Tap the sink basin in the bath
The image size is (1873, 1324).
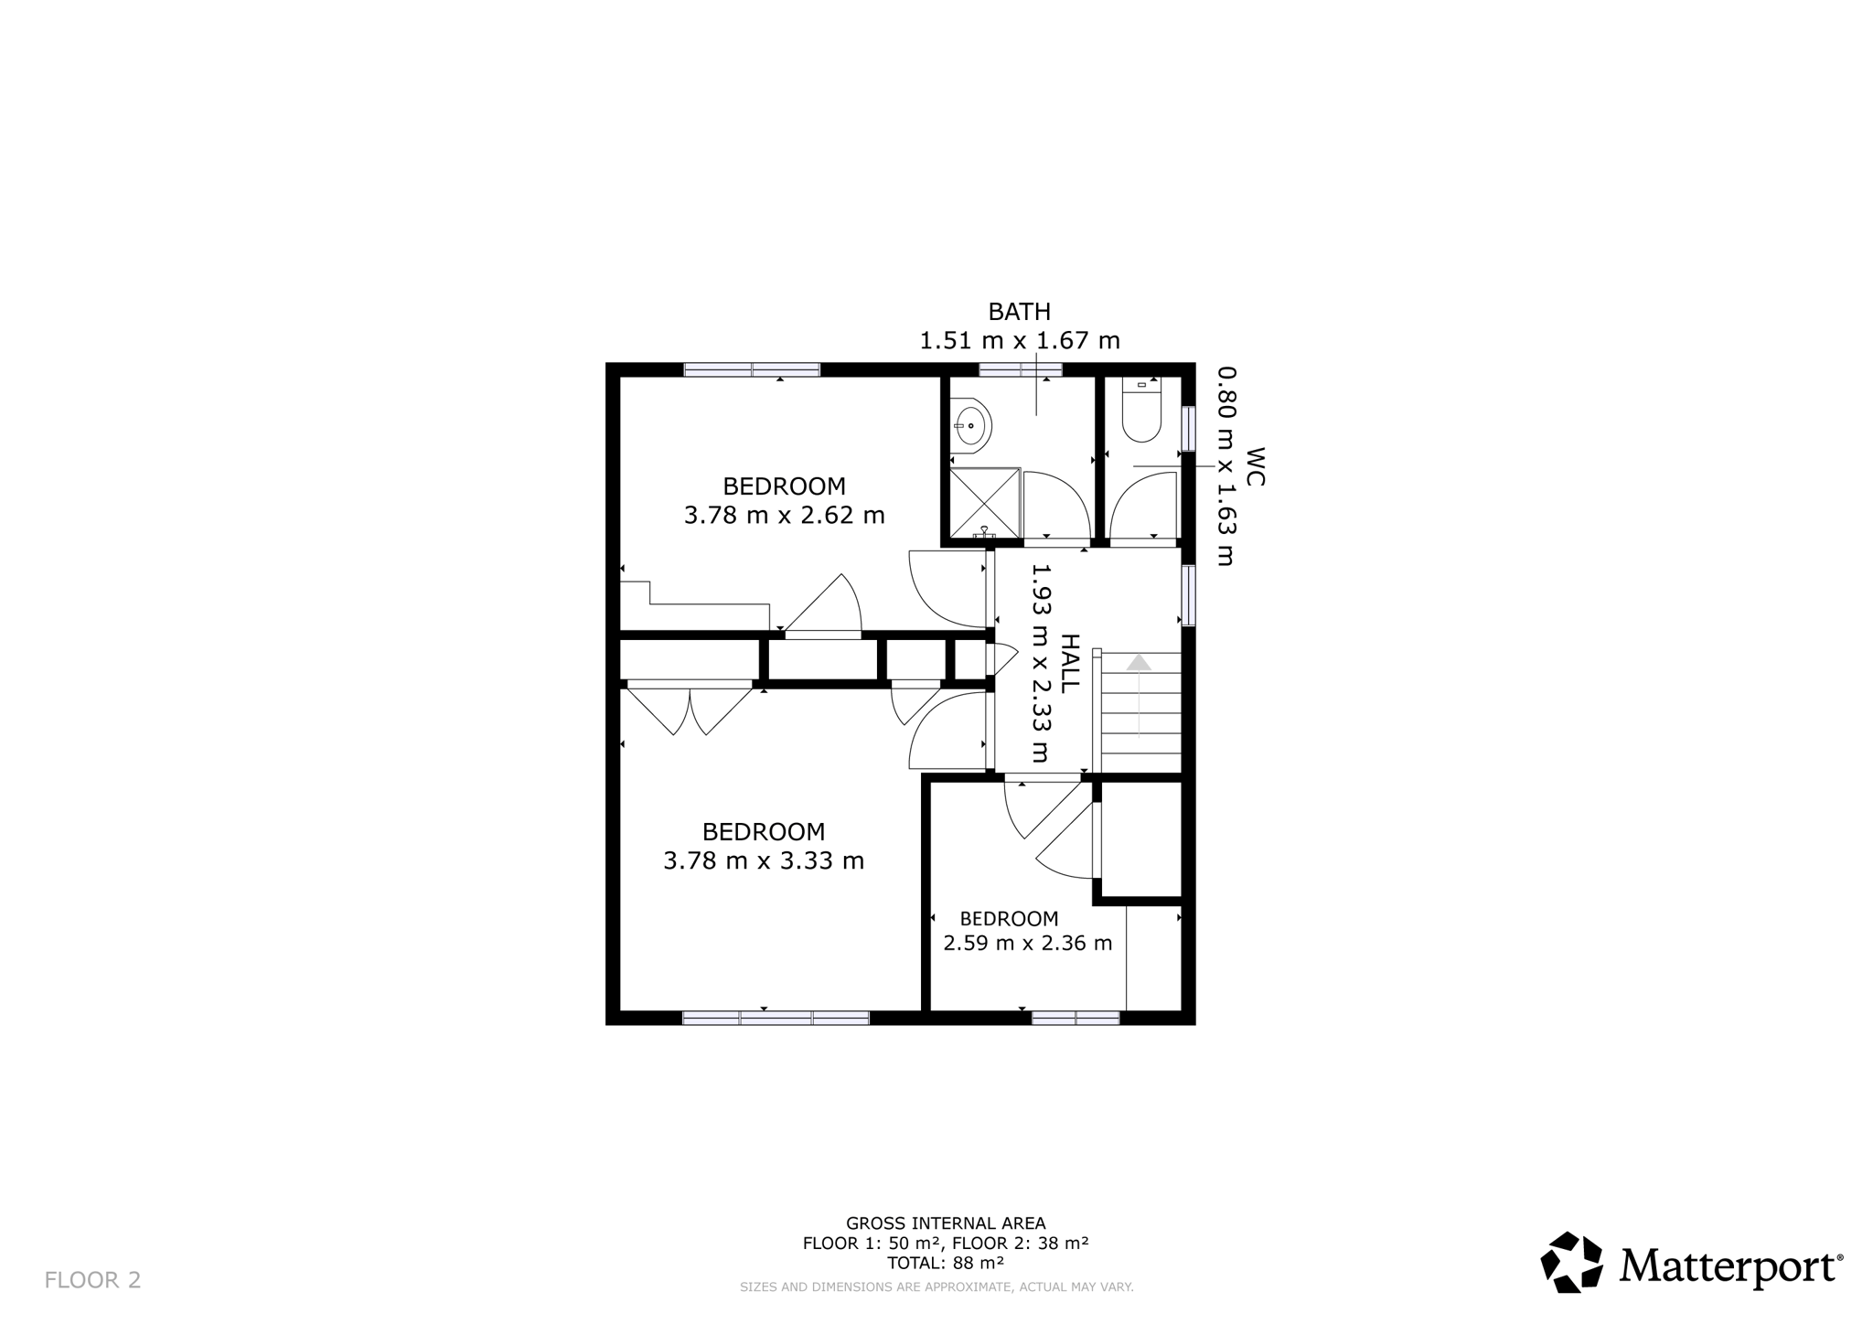pyautogui.click(x=971, y=425)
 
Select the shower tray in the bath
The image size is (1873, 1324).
pyautogui.click(x=985, y=503)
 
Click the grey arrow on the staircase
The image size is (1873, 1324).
pyautogui.click(x=1139, y=694)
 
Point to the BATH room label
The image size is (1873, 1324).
pyautogui.click(x=1020, y=312)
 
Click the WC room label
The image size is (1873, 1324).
pyautogui.click(x=1255, y=466)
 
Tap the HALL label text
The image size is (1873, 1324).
pyautogui.click(x=1070, y=663)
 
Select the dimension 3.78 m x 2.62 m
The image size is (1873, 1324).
pyautogui.click(x=785, y=516)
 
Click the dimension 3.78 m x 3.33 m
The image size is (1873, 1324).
pyautogui.click(x=764, y=861)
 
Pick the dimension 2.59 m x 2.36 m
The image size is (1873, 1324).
pyautogui.click(x=1028, y=943)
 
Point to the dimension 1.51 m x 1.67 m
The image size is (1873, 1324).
pyautogui.click(x=1020, y=341)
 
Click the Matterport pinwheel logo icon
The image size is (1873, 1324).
pyautogui.click(x=1572, y=1263)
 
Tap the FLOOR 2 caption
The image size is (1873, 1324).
pyautogui.click(x=92, y=1280)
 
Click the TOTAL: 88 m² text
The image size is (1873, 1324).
pyautogui.click(x=946, y=1264)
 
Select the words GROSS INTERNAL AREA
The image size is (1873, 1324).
pyautogui.click(x=946, y=1223)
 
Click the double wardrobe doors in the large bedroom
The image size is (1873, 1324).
pyautogui.click(x=690, y=710)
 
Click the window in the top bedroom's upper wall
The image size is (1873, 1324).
pyautogui.click(x=752, y=370)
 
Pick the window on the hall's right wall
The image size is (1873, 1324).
pyautogui.click(x=1188, y=595)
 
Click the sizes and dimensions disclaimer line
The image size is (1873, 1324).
pyautogui.click(x=936, y=1287)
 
